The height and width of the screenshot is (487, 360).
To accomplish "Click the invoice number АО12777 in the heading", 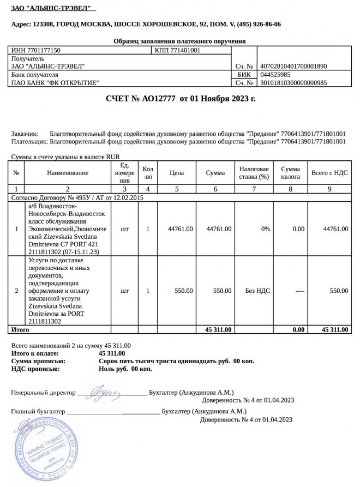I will point(158,99).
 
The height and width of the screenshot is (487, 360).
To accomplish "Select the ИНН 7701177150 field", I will point(36,50).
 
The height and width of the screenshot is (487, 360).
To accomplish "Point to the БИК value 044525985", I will point(275,75).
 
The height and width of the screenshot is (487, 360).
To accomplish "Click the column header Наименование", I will point(68,173).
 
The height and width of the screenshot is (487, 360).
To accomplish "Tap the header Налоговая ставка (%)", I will point(254,173).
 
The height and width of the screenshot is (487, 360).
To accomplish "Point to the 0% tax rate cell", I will point(265,229).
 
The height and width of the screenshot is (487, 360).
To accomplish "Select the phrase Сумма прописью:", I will point(38,361).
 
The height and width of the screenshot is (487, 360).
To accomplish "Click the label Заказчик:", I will point(25,134).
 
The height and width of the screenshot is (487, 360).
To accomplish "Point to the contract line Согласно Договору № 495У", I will point(77,197).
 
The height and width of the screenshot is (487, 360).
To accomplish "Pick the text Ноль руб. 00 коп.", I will point(125,369).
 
